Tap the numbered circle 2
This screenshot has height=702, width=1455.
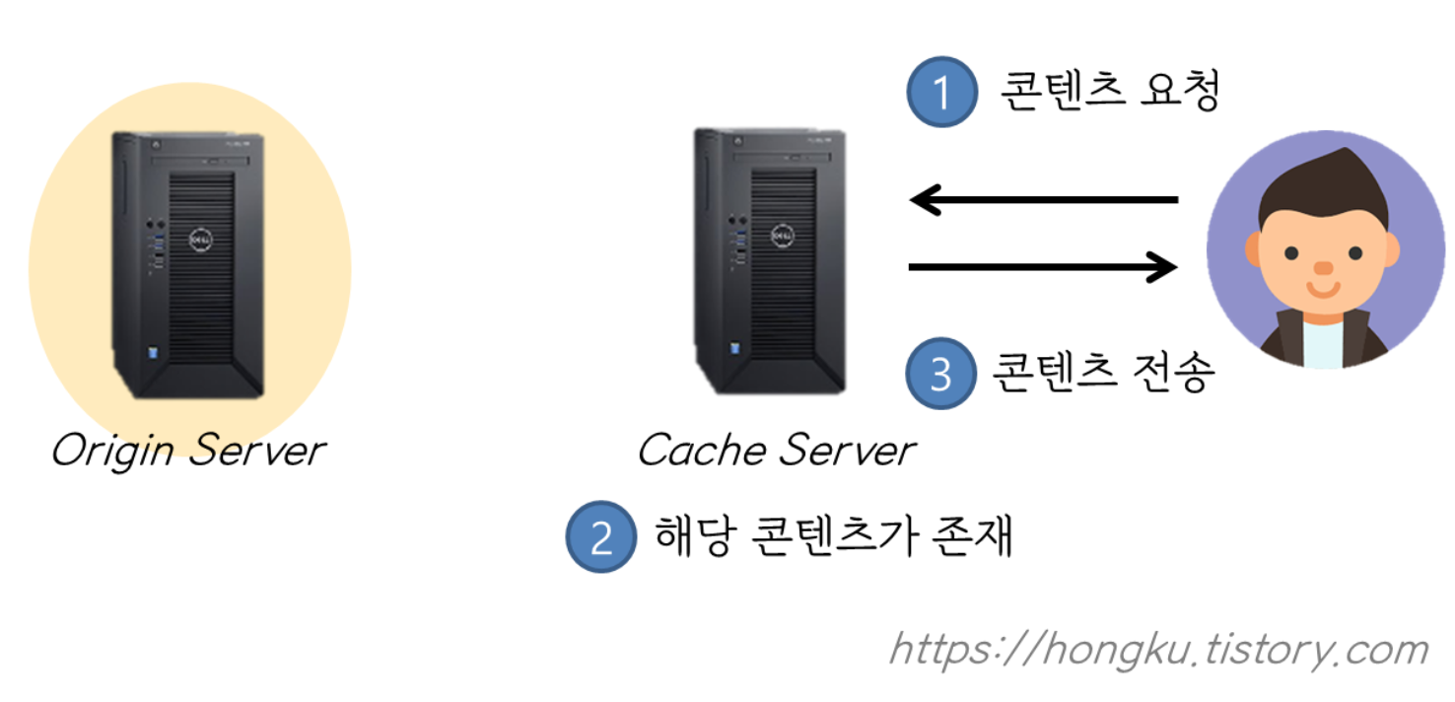pos(600,538)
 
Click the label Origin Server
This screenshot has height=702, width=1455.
pos(187,452)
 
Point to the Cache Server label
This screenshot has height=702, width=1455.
pos(776,452)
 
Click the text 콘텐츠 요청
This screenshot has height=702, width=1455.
pos(1110,92)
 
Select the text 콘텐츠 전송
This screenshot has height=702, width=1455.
pos(1102,373)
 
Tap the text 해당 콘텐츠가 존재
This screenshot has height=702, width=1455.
pos(834,537)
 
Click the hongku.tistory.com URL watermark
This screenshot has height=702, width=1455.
pos(1159,650)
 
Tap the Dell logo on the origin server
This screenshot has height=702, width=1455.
pos(200,239)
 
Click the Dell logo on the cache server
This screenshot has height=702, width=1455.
pos(783,237)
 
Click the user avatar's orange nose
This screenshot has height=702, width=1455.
pos(1323,267)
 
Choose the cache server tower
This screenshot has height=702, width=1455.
pos(770,261)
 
